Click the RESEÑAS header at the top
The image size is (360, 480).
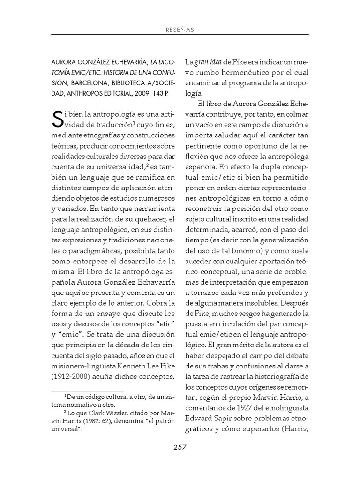(x=180, y=30)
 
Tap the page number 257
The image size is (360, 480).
(x=180, y=447)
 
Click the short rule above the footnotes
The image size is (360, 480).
(x=87, y=390)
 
